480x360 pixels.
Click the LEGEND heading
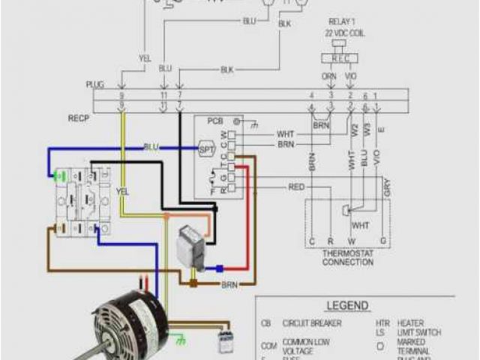[346, 306]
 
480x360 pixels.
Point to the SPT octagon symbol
[206, 148]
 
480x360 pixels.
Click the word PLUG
[95, 85]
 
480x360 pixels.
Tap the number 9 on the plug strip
[122, 97]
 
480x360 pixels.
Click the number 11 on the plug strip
[164, 97]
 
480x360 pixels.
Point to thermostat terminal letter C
[310, 242]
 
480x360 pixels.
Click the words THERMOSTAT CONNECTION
[348, 257]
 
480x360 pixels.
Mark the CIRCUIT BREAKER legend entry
[311, 323]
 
